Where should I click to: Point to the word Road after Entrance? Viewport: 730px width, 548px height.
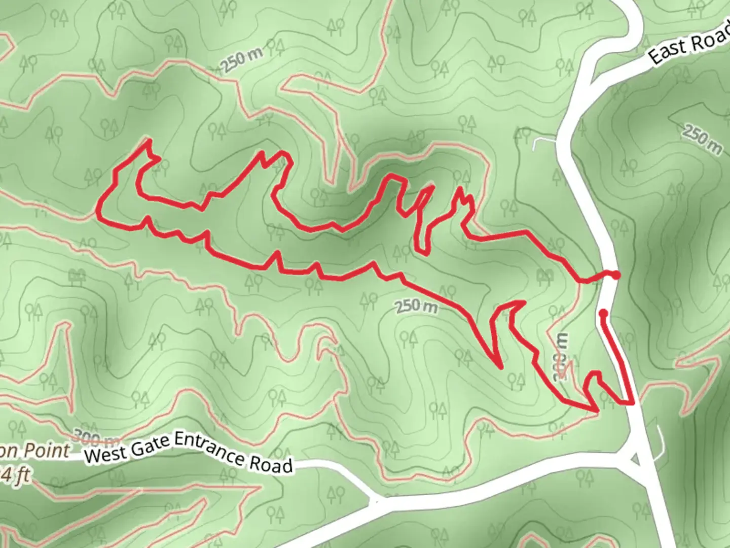[271, 463]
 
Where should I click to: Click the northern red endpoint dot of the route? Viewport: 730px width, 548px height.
[615, 275]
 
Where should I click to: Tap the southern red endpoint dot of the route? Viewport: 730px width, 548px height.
[603, 313]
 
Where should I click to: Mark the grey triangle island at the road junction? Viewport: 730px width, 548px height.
[635, 459]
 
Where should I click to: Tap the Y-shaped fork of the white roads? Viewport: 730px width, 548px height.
[375, 501]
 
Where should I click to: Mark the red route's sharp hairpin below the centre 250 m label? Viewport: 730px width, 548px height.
[499, 366]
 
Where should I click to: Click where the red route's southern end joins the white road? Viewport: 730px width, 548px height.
[632, 403]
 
